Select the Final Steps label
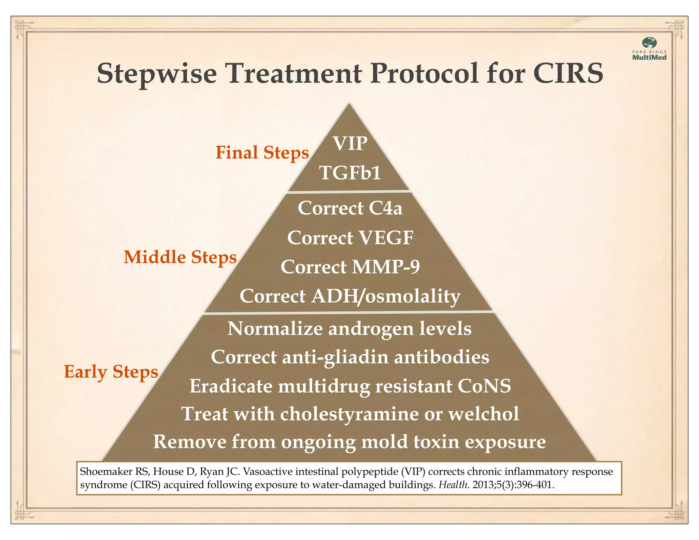(x=262, y=153)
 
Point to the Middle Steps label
(x=180, y=257)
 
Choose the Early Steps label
(x=111, y=372)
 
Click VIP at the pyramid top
(x=350, y=143)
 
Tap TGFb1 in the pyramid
(x=350, y=173)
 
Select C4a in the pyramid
(x=385, y=208)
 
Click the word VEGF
(x=386, y=238)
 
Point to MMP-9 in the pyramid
(x=386, y=267)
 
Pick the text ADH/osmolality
(x=386, y=296)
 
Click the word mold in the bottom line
(x=384, y=442)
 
